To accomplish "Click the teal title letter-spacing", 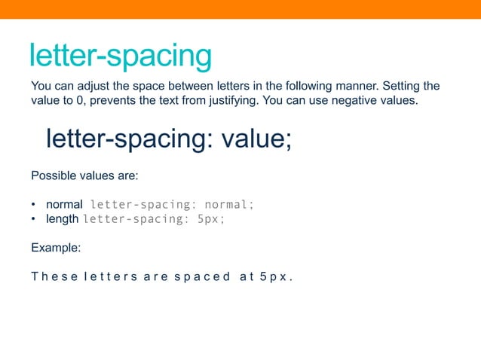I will [120, 56].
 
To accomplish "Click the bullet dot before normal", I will [34, 205].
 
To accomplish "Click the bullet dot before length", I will [34, 219].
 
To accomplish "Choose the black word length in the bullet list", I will [62, 219].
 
